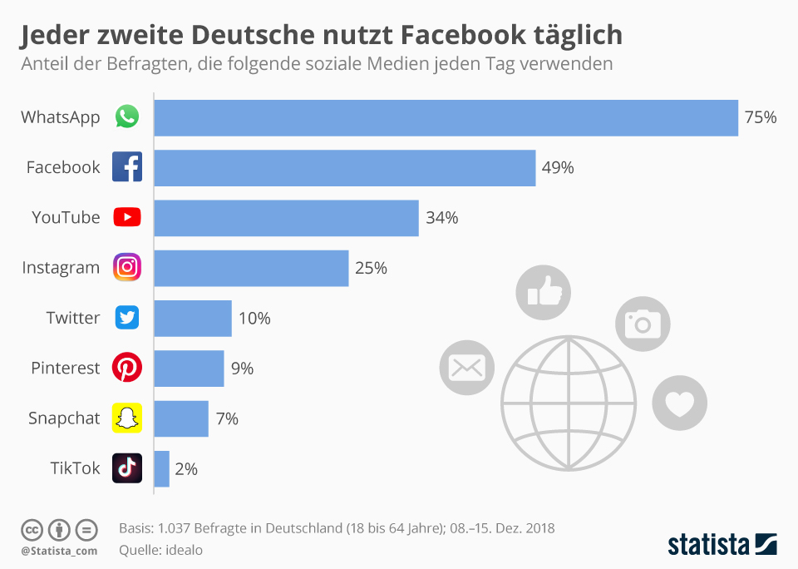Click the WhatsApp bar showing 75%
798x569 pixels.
point(446,117)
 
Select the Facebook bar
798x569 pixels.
point(344,167)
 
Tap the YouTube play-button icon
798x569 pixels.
point(127,217)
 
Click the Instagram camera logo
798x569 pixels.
point(127,267)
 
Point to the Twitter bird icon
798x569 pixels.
point(127,318)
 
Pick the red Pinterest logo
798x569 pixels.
point(127,368)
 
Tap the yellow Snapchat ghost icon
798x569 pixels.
point(127,418)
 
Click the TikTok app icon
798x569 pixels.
point(127,468)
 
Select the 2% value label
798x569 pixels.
point(186,468)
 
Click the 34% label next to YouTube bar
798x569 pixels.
point(442,218)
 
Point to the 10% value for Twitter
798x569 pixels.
point(254,318)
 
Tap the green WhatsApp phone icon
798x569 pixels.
point(127,117)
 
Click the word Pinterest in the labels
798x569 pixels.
point(66,368)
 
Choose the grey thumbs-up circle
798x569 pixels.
point(544,292)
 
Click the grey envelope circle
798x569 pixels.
point(466,367)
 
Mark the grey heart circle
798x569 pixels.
point(679,403)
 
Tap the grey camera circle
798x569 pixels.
point(642,323)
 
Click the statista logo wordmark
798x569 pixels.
point(709,545)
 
